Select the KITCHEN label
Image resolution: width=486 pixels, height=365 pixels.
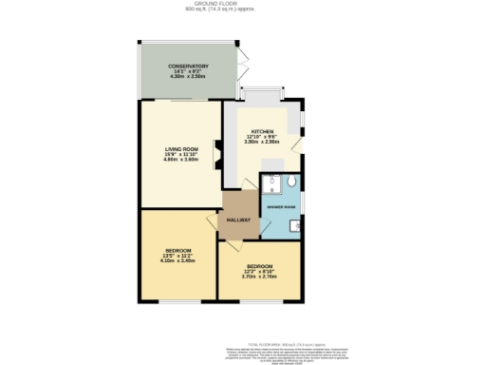[262, 131]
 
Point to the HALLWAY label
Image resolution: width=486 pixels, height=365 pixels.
[237, 221]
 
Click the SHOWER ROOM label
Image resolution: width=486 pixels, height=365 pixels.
[282, 206]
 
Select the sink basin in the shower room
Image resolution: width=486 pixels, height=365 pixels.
[298, 226]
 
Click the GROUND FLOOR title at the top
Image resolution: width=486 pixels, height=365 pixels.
[243, 4]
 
